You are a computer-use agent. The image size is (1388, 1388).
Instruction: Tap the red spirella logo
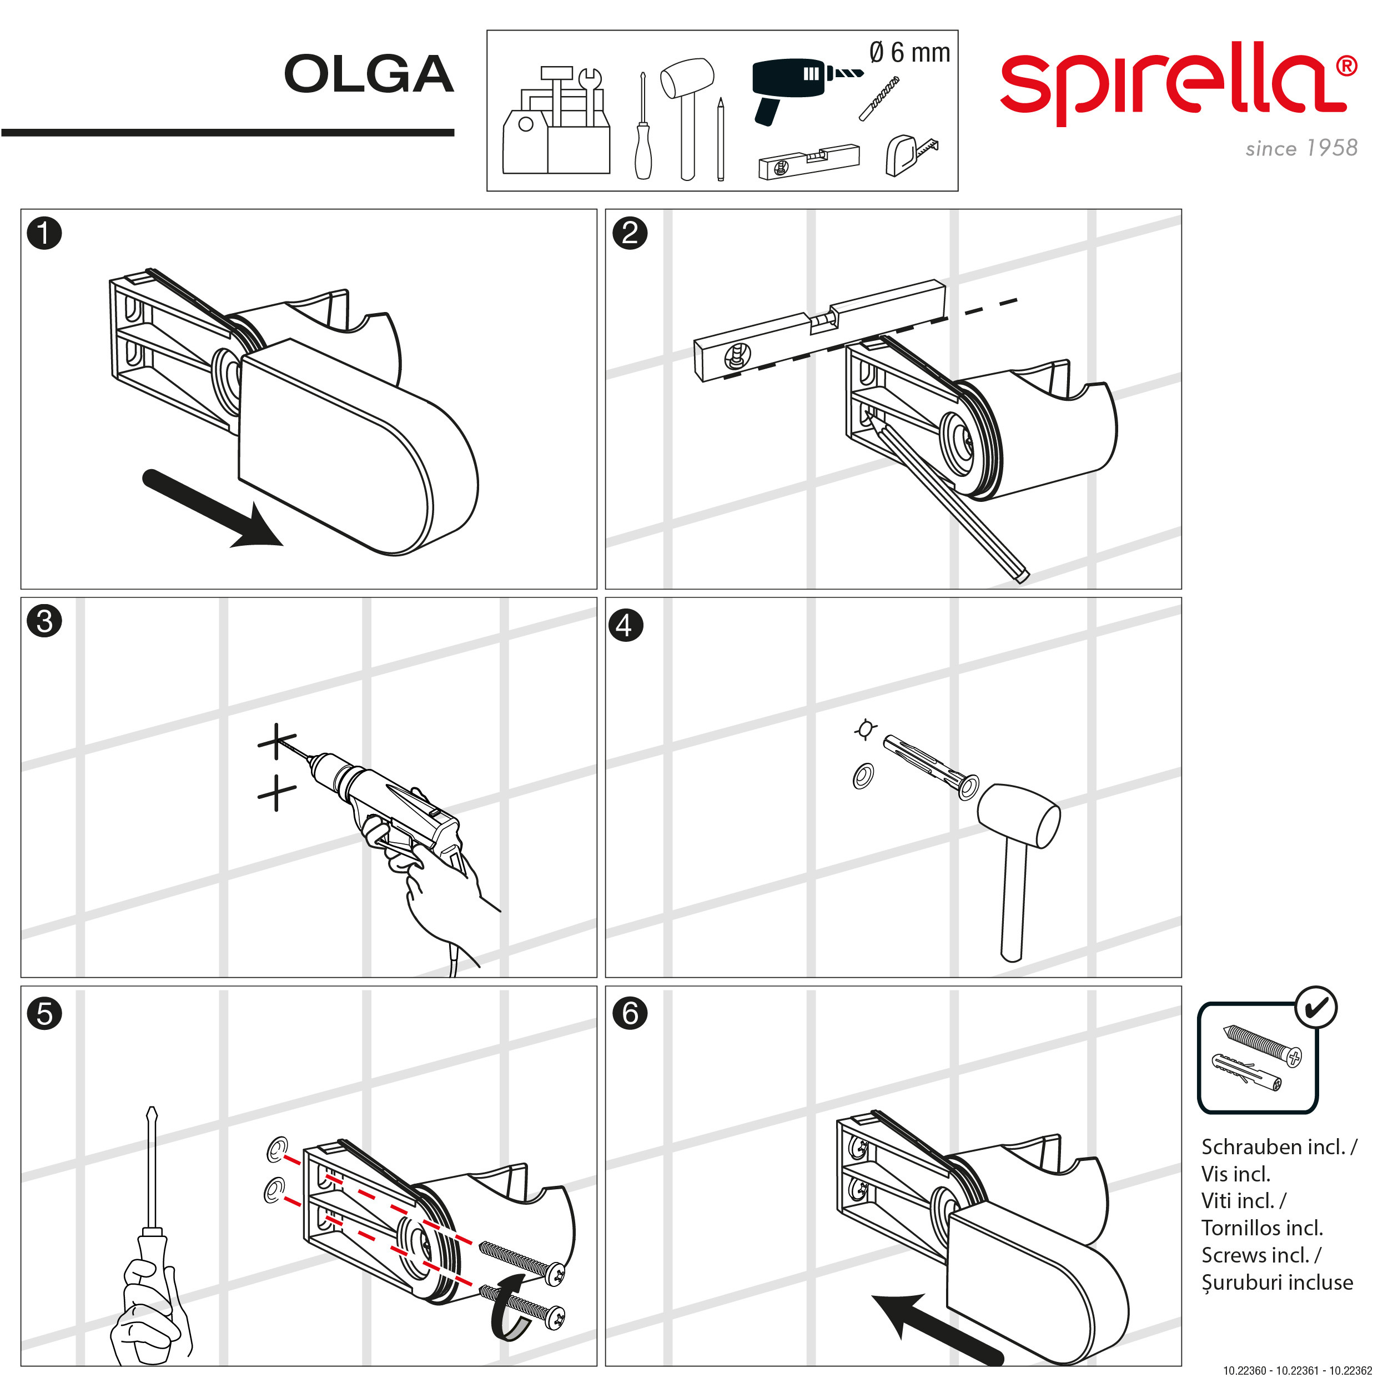click(x=1179, y=83)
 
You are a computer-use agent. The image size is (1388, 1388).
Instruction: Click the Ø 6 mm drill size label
click(x=909, y=52)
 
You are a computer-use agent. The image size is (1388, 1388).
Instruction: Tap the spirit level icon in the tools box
click(x=809, y=162)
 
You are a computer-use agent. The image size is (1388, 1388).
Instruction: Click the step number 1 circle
click(x=44, y=234)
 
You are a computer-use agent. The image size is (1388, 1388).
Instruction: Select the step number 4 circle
click(x=626, y=625)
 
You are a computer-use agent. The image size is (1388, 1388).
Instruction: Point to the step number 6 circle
click(x=630, y=1014)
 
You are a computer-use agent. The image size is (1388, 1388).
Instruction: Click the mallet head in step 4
click(x=1019, y=817)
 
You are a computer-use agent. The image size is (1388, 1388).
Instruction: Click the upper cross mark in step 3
click(x=277, y=741)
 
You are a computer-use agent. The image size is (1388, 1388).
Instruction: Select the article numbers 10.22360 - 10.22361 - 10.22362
click(x=1298, y=1371)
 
